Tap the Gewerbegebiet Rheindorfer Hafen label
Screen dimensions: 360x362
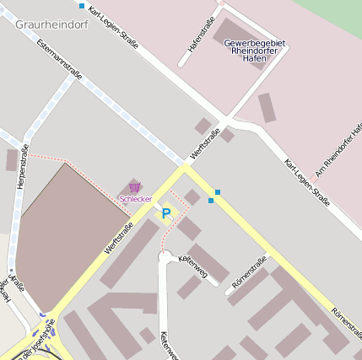coord(254,50)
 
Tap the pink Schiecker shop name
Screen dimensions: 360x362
coord(135,199)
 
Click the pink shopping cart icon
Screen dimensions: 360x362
coord(134,187)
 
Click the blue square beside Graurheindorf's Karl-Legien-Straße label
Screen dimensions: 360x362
coord(82,6)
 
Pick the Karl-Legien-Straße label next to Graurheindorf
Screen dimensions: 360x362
coord(113,25)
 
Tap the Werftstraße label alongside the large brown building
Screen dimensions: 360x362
coord(118,238)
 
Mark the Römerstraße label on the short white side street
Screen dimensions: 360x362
coord(249,278)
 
